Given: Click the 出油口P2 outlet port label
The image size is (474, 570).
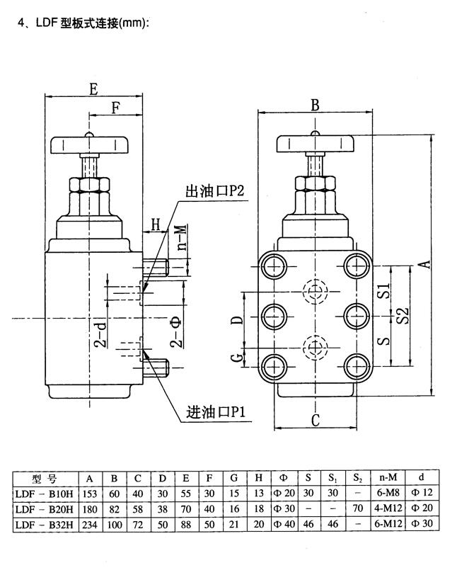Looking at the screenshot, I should pyautogui.click(x=214, y=192).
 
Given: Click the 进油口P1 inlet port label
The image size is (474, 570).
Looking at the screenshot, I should pyautogui.click(x=214, y=412).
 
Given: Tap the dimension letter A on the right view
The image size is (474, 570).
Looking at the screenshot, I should pyautogui.click(x=424, y=263).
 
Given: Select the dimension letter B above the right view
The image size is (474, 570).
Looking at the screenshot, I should pyautogui.click(x=315, y=106).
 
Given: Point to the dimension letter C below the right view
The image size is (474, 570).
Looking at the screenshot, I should pyautogui.click(x=315, y=420).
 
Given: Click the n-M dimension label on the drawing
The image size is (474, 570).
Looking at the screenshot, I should pyautogui.click(x=181, y=238).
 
